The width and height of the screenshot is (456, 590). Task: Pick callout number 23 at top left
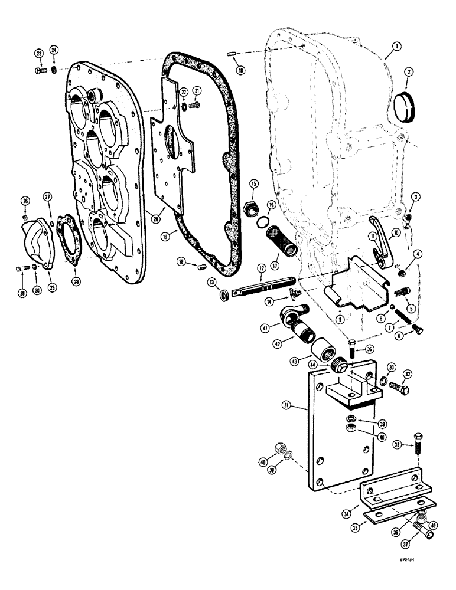[x=40, y=54]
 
